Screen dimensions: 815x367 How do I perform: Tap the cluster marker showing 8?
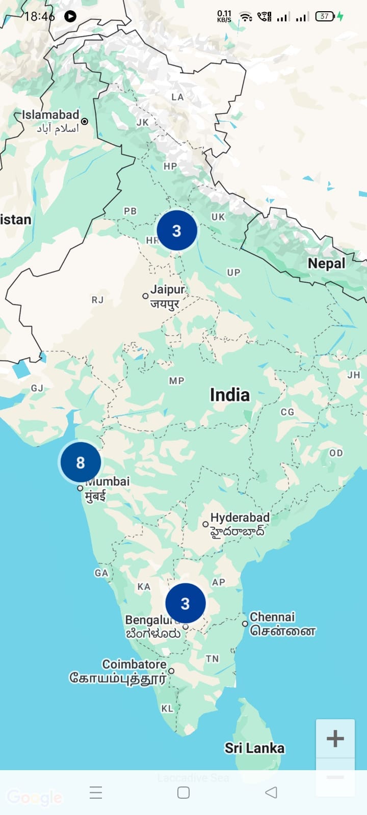[x=80, y=463]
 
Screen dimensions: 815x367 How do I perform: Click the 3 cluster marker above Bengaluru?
[x=185, y=603]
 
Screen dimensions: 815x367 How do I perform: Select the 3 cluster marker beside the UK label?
[x=176, y=231]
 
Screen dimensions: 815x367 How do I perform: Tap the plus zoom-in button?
[x=335, y=738]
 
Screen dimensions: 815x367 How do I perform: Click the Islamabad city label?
[x=50, y=115]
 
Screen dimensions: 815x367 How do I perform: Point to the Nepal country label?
[x=326, y=263]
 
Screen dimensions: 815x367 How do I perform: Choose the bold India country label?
[x=230, y=395]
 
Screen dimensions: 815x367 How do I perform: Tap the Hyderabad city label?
[x=240, y=518]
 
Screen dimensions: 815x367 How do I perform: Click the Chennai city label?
[x=272, y=617]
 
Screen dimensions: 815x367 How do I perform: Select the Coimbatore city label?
[x=134, y=664]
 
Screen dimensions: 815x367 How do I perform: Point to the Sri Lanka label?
[x=254, y=748]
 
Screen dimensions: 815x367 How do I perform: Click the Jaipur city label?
[x=167, y=290]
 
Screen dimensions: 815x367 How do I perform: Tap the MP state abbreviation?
[x=176, y=381]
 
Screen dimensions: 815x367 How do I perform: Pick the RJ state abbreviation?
[x=97, y=300]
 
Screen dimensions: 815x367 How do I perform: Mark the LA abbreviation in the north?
[x=177, y=97]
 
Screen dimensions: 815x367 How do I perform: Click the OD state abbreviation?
[x=335, y=453]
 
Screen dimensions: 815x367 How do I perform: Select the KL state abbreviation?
[x=167, y=709]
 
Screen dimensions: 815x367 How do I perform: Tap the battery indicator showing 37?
[x=325, y=16]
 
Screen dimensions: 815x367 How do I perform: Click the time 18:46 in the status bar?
[x=39, y=16]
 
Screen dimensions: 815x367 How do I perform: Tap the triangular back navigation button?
[x=271, y=792]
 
